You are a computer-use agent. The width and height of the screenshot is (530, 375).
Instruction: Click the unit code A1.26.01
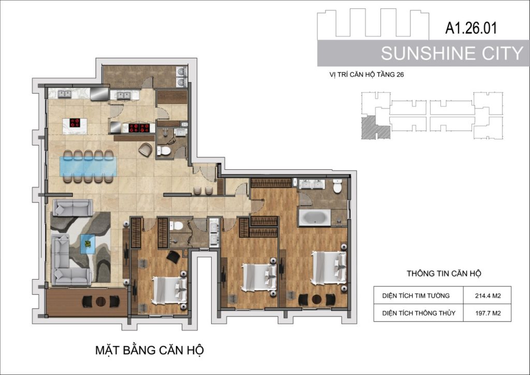click(x=471, y=28)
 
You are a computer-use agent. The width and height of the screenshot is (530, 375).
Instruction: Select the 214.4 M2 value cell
click(x=488, y=296)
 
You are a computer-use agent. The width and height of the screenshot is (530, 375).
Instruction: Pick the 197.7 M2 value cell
click(x=488, y=313)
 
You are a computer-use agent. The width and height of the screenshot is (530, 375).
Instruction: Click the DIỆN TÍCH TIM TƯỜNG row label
click(x=416, y=296)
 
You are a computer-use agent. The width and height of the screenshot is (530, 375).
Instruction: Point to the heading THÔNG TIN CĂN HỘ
click(x=444, y=273)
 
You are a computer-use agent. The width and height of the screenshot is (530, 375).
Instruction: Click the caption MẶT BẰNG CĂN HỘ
click(x=150, y=350)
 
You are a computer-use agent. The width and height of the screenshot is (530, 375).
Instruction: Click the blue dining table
click(x=88, y=166)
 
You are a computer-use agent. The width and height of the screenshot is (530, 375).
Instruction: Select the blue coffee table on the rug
click(x=88, y=244)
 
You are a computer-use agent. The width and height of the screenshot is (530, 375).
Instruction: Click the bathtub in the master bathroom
click(x=314, y=218)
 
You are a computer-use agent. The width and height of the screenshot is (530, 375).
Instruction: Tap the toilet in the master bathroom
click(x=337, y=186)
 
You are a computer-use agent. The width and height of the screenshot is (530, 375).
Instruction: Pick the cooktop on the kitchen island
click(x=75, y=122)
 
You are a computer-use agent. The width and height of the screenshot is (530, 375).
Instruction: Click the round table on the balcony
click(x=101, y=301)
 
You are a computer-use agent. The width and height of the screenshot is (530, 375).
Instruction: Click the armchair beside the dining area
click(x=145, y=150)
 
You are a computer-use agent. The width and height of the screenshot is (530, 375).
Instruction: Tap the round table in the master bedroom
click(x=317, y=299)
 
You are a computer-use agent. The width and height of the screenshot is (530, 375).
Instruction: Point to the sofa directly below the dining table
click(x=72, y=207)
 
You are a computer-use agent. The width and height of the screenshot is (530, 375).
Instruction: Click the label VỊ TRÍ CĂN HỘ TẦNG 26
click(x=366, y=75)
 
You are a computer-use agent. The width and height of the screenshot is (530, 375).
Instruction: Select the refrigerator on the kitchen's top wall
click(x=99, y=94)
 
